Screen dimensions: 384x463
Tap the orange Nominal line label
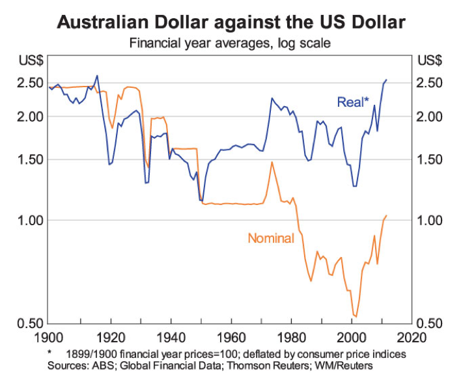coord(271,238)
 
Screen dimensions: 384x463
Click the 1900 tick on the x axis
coord(50,338)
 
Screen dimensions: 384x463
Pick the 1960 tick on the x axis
coord(231,338)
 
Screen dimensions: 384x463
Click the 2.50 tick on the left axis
coord(31,83)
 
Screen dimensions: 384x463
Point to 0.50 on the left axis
coord(31,323)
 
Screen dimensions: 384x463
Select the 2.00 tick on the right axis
coord(430,117)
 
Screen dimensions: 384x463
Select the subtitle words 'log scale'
coord(305,44)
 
